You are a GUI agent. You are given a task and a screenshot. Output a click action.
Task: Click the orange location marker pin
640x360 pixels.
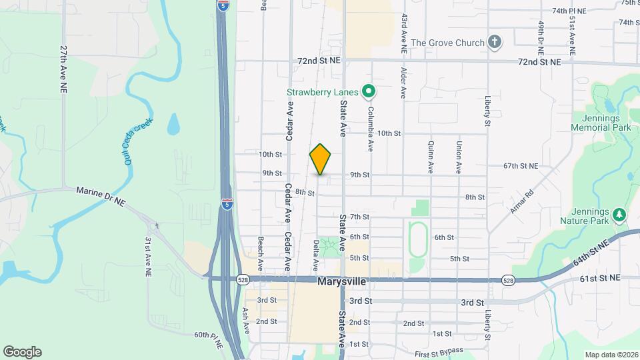pyautogui.click(x=321, y=159)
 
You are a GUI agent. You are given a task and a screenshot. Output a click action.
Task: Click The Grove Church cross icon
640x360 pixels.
pyautogui.click(x=494, y=43)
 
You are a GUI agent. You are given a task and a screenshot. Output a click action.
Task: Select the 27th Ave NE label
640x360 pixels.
pyautogui.click(x=63, y=69)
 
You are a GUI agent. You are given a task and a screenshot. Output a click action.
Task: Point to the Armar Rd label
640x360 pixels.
pyautogui.click(x=522, y=203)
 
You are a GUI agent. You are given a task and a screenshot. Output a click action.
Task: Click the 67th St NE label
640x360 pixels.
pyautogui.click(x=521, y=165)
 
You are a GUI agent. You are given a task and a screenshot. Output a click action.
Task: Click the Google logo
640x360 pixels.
pyautogui.click(x=23, y=352)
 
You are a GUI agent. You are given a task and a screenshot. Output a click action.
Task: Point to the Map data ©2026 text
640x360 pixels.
pyautogui.click(x=611, y=355)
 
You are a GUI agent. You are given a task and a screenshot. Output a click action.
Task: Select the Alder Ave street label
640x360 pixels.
pyautogui.click(x=403, y=82)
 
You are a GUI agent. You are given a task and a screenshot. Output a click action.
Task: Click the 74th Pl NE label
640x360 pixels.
pyautogui.click(x=569, y=11)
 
